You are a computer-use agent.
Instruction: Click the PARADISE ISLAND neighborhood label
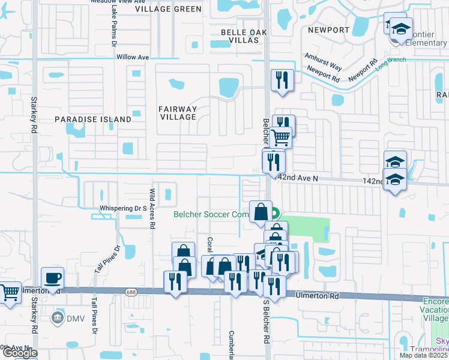93,119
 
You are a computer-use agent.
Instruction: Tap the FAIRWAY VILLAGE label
178,113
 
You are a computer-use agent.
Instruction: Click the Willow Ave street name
133,57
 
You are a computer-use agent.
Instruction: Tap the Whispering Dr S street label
124,208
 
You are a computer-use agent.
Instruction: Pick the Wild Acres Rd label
152,208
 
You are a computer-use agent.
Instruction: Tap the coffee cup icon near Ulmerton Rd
52,278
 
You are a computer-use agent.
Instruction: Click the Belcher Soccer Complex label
211,214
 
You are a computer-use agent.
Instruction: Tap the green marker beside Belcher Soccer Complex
275,212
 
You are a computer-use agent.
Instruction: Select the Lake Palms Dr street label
113,28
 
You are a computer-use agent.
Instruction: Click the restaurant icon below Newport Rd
281,80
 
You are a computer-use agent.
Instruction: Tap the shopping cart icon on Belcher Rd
281,137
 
